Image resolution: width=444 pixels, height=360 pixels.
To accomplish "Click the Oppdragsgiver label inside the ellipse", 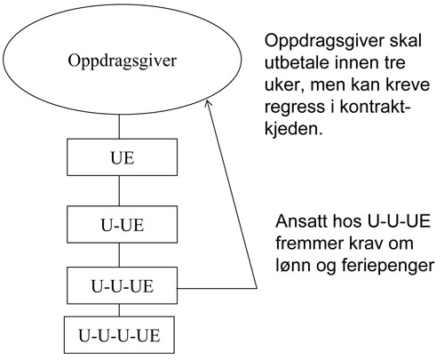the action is tap(123, 61).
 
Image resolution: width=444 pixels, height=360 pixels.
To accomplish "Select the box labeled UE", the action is tap(123, 157).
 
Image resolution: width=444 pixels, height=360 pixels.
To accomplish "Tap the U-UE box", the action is tap(123, 225).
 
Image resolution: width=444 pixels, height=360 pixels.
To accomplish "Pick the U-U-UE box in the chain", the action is tap(123, 285).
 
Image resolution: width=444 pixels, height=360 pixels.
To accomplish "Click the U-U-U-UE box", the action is tap(119, 335).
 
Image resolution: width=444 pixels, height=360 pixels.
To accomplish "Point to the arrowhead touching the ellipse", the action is tap(208, 103).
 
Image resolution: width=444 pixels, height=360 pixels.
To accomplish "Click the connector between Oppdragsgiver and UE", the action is tap(119, 126).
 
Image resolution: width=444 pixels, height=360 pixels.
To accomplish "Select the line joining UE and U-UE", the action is tap(119, 191).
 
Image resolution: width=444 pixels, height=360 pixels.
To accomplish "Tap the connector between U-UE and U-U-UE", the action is tap(119, 255).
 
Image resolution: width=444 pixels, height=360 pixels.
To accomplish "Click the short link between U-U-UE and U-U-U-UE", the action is tap(119, 310).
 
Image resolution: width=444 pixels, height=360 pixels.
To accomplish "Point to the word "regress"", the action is tap(295, 108).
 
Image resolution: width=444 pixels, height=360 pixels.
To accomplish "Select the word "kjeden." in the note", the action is tap(293, 128).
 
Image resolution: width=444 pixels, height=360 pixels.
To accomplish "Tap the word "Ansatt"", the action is tap(301, 221).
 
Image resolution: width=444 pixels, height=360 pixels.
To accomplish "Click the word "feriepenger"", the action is tap(388, 266).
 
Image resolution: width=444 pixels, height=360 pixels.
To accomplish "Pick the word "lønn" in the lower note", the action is tap(293, 265).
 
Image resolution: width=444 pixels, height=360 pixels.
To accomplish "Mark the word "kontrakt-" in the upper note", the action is tap(375, 107).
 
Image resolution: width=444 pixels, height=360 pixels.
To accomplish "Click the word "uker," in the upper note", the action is tap(284, 85).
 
